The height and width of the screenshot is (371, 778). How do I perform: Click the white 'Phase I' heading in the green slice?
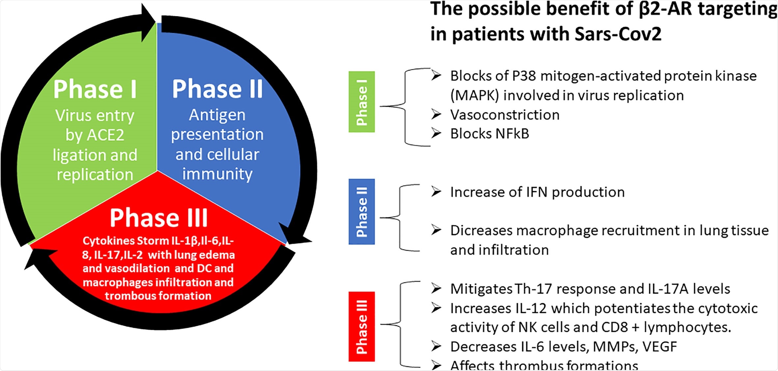pos(95,90)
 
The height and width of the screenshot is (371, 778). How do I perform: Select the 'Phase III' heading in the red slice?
pos(159,218)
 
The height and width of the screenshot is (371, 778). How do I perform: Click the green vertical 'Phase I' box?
pos(362,102)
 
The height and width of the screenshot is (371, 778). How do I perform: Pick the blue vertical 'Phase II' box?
pos(362,212)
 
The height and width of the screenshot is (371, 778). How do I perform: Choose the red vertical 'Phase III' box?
pos(362,327)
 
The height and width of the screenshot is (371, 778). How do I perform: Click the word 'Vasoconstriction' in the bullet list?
pos(505,115)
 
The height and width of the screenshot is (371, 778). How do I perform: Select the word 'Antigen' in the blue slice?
pos(217,115)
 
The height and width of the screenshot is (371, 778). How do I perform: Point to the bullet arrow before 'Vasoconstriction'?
pos(436,115)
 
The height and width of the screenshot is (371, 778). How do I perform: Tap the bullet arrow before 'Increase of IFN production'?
pos(436,192)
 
